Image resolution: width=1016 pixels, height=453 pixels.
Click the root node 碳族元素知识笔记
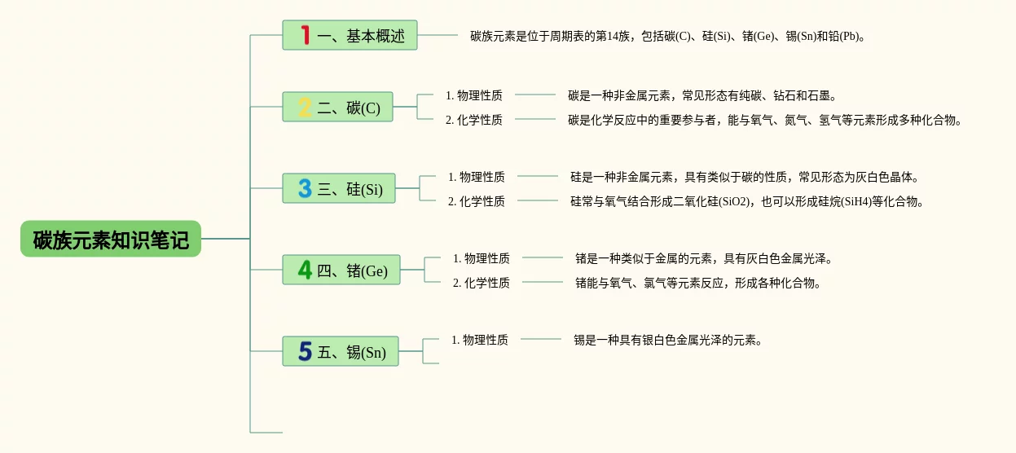111,240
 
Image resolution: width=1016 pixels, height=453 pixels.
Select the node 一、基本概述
350,36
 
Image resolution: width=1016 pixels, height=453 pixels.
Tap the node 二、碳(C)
338,108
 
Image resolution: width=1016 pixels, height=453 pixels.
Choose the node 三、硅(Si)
339,189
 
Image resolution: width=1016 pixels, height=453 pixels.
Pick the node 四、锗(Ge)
341,270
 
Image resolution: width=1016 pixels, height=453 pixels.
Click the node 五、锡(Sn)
341,352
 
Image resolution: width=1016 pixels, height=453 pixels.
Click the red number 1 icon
306,35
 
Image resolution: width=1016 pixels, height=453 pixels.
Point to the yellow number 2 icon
305,108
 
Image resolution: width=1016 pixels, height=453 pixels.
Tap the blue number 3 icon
305,189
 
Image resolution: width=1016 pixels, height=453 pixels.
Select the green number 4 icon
305,270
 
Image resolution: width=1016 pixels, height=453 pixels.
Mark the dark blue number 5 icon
305,351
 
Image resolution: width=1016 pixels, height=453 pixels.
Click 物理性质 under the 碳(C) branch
474,95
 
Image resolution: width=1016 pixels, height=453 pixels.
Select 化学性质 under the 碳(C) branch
474,120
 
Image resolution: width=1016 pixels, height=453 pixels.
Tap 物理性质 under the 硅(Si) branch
477,176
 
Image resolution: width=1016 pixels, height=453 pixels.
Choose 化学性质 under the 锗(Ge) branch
482,283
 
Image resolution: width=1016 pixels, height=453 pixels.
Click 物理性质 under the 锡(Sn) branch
480,340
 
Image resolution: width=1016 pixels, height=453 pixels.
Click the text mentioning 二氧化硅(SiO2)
747,201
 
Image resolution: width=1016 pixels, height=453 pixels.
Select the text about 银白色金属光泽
668,340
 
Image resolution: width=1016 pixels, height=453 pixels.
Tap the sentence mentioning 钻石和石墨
702,95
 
